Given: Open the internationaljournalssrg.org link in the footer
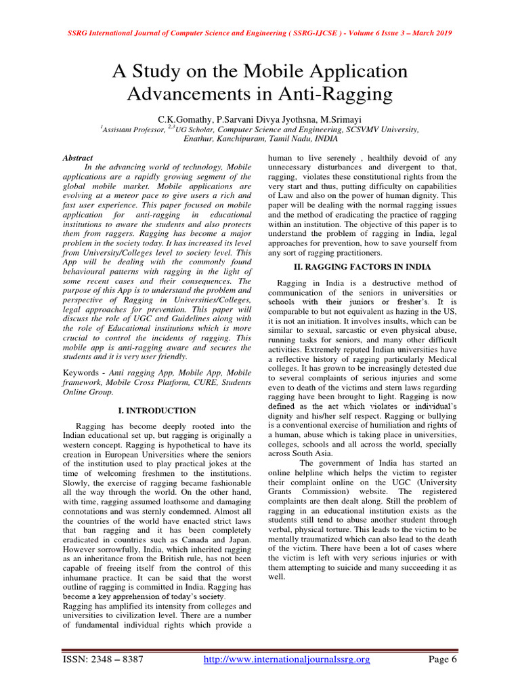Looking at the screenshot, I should coord(287,659).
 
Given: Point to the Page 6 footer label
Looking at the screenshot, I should coord(443,659).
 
